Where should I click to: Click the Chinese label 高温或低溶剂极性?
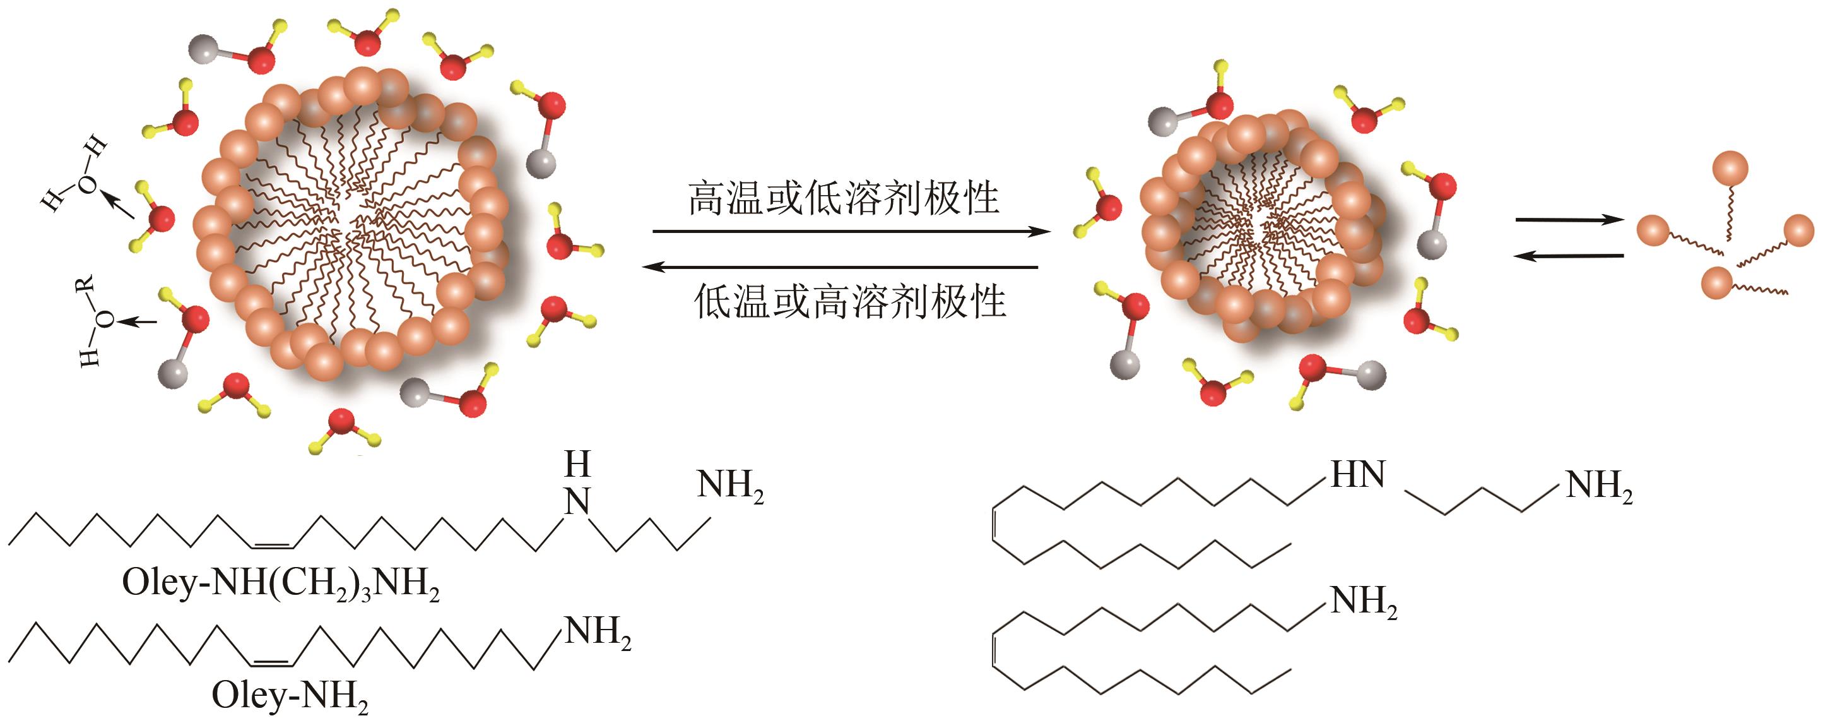(x=844, y=198)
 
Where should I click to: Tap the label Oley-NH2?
(x=290, y=696)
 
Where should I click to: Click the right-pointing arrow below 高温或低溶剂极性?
(x=849, y=232)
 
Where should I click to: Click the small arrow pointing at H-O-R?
(x=138, y=322)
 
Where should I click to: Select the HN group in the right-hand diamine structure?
(x=1357, y=474)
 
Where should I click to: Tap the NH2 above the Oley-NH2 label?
(x=596, y=632)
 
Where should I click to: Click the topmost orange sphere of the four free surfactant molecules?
(x=1730, y=169)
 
